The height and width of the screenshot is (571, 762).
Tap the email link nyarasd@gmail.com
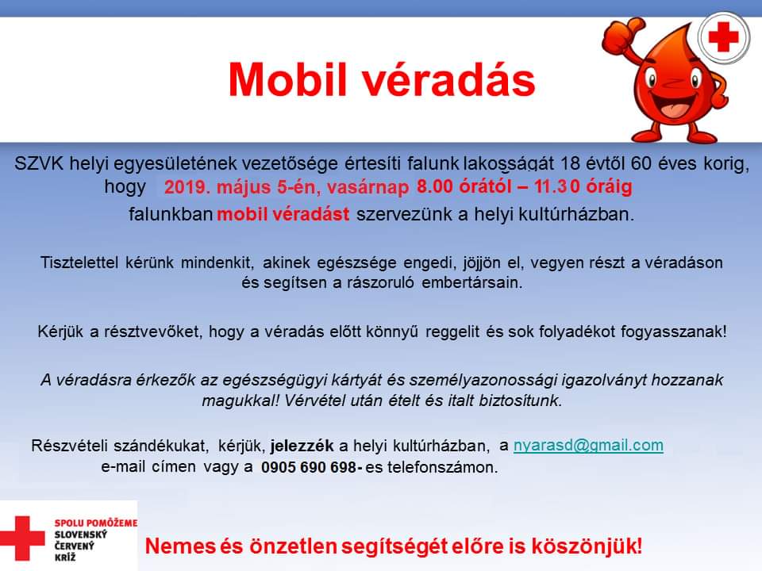[x=588, y=446]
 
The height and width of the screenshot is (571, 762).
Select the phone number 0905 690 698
[x=309, y=467]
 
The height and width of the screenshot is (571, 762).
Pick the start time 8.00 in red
[x=434, y=186]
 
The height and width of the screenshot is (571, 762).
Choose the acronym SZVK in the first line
[x=39, y=163]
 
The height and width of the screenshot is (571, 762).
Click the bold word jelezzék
[x=302, y=446]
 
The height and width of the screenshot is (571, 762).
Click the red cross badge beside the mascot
[x=724, y=37]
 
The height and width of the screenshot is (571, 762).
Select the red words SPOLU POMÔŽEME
[x=96, y=523]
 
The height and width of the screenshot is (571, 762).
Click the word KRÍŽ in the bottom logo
[x=65, y=557]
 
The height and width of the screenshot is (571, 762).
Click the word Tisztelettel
[x=79, y=263]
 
